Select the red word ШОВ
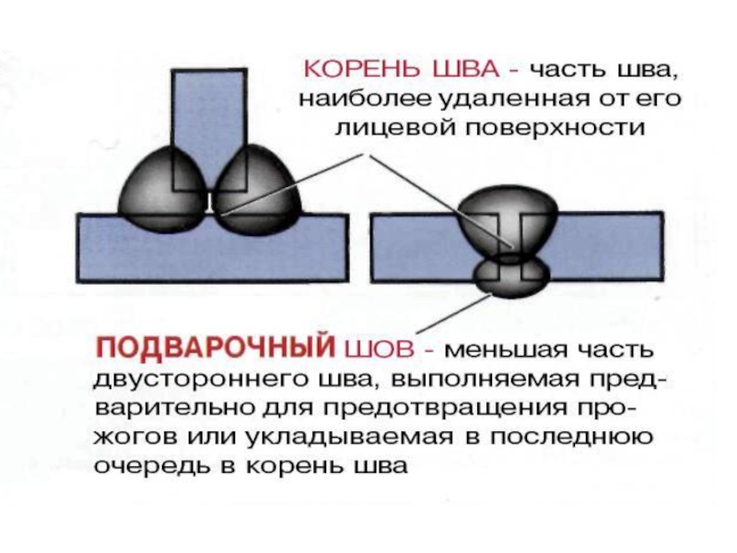(x=380, y=349)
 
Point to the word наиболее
(x=365, y=100)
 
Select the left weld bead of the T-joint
(x=162, y=190)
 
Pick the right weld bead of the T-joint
(x=257, y=191)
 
